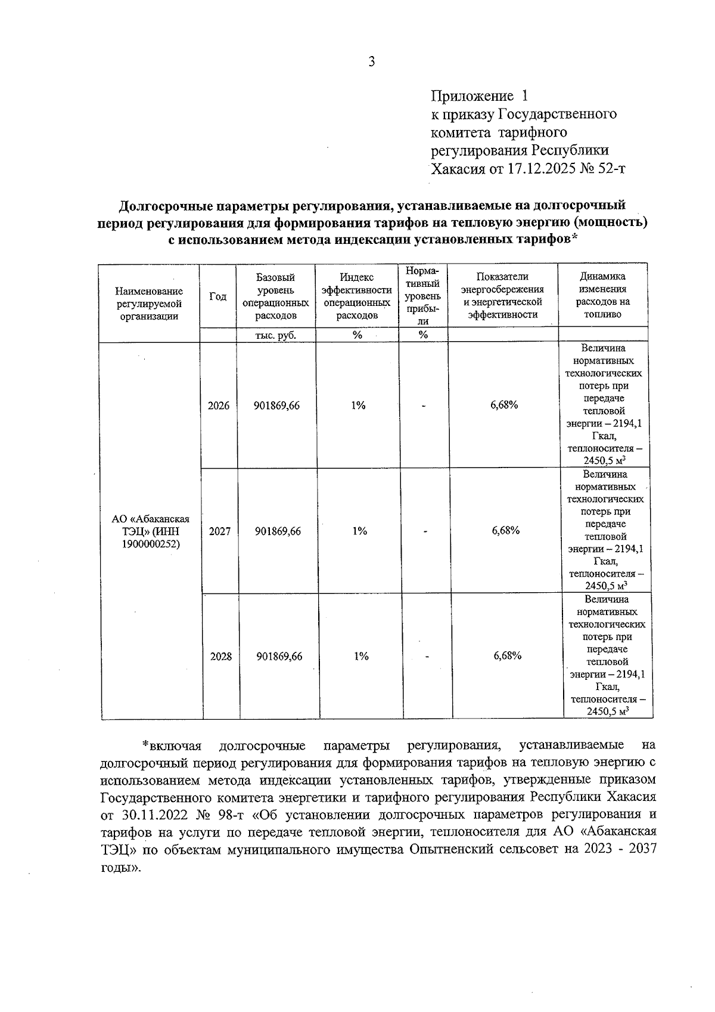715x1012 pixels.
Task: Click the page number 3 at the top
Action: tap(371, 61)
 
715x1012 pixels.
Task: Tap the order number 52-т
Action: tap(611, 169)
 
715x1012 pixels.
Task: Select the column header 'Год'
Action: tap(218, 296)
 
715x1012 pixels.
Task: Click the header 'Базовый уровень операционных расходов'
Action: tap(275, 296)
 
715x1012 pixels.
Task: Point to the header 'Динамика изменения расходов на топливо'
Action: tap(602, 295)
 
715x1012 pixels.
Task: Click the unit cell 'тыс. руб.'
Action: tap(275, 335)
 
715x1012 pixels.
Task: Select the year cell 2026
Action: tap(218, 406)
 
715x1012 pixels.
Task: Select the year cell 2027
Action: tap(219, 531)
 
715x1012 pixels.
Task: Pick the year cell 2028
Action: tap(220, 657)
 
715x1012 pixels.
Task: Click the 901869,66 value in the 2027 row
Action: tap(278, 531)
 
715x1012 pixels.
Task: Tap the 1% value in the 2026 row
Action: tap(357, 406)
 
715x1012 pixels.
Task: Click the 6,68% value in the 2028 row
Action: tap(508, 656)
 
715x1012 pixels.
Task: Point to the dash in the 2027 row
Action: tap(425, 531)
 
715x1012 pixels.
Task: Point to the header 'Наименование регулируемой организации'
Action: tap(149, 304)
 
